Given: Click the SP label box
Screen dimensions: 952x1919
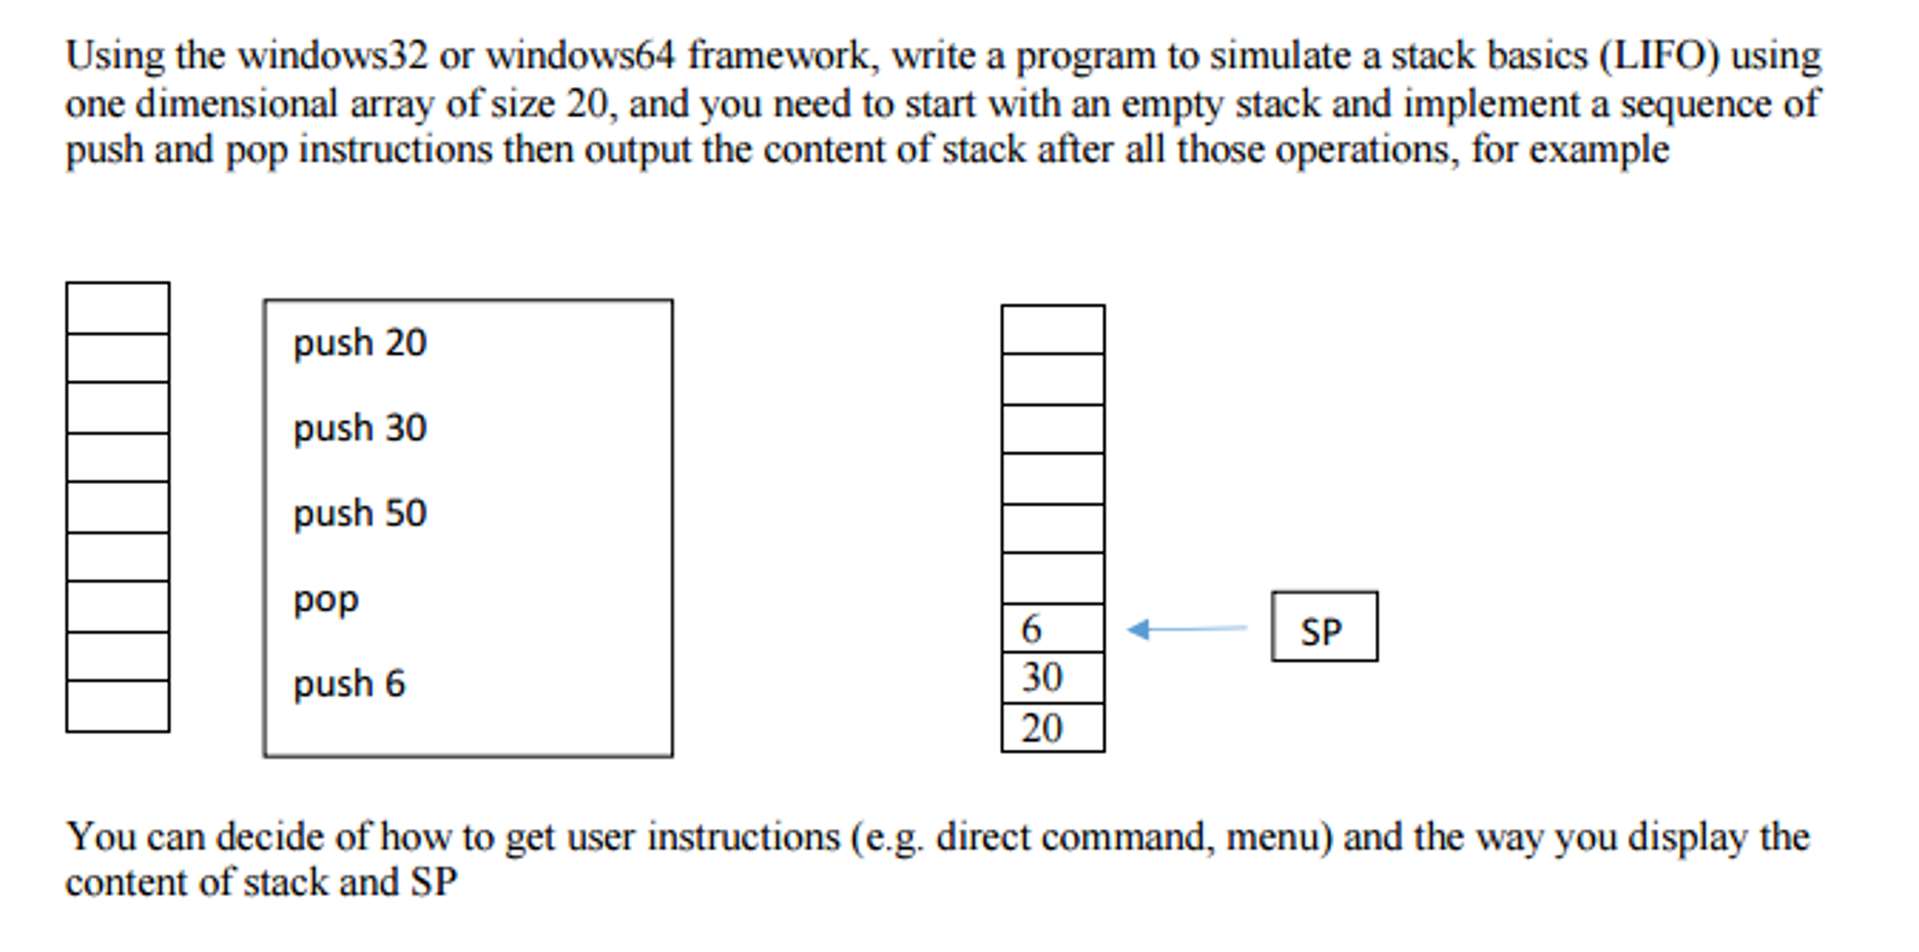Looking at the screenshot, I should (x=1323, y=627).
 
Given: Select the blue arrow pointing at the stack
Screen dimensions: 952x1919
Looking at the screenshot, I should (x=1186, y=628).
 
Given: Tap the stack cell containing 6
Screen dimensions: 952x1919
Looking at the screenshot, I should (x=1052, y=628).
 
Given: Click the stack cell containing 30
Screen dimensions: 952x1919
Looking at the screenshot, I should (x=1052, y=678).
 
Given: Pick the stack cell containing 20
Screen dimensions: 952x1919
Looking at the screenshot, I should (x=1052, y=728).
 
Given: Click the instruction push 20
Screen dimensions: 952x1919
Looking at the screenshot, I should (x=359, y=343).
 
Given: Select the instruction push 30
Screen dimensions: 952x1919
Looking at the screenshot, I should (x=359, y=429).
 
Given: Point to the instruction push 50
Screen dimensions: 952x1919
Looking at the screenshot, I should (x=359, y=514).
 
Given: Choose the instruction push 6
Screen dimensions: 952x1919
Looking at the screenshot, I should (x=349, y=684).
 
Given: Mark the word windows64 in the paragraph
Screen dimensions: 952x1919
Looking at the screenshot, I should (x=580, y=56).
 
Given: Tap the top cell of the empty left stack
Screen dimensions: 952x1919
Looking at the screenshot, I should (x=118, y=308).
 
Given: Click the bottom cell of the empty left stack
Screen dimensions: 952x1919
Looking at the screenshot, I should (x=118, y=706).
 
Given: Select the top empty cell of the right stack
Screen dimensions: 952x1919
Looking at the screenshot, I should (x=1052, y=329).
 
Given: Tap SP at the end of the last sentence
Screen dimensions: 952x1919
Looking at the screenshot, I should (x=433, y=883).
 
